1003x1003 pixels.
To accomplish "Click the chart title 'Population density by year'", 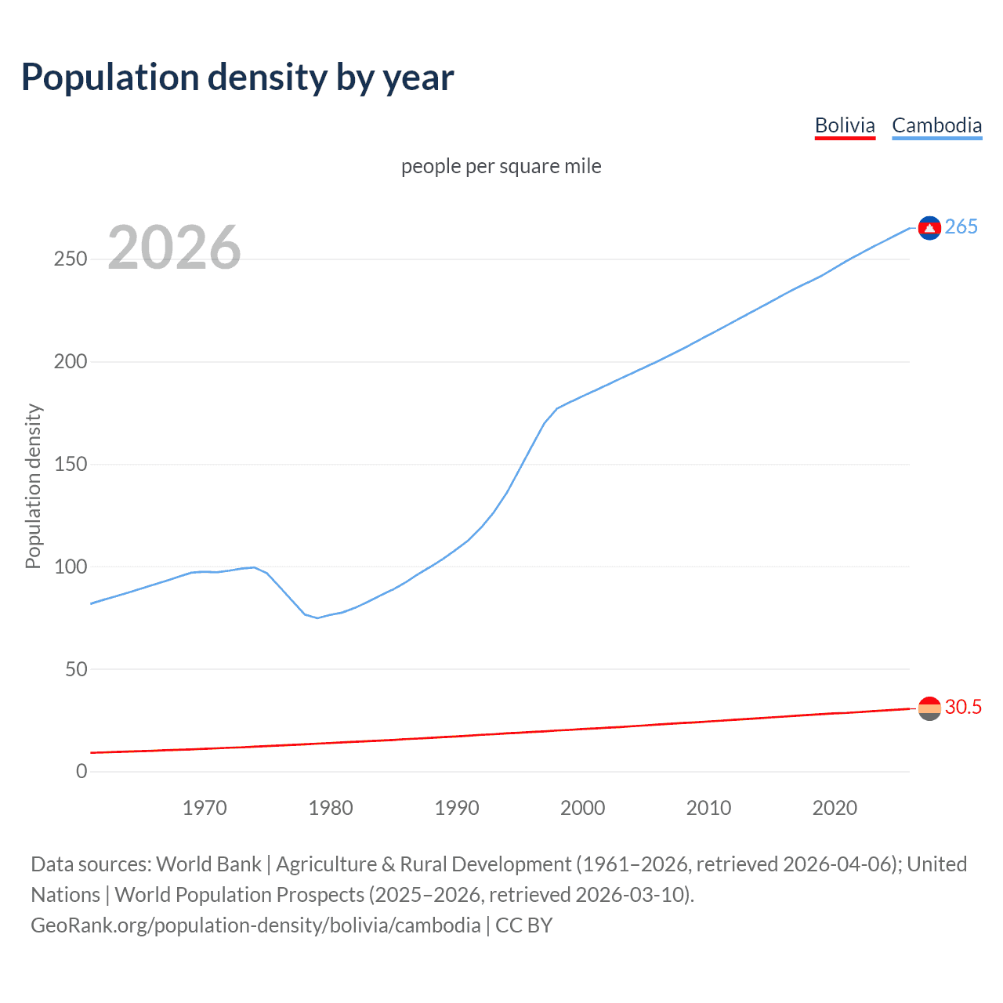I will (x=237, y=78).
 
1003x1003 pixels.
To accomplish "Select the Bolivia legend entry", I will (x=845, y=125).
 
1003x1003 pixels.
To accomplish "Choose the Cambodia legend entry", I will (x=936, y=125).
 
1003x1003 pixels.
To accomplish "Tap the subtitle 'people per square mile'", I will (x=501, y=166).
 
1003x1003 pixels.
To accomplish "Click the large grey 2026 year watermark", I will (x=174, y=248).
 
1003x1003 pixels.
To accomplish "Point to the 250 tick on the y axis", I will (x=71, y=259).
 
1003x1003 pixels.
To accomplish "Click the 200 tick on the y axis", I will (x=71, y=362).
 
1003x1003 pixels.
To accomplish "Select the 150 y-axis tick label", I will (x=71, y=465).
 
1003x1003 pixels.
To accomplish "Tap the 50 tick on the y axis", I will (x=76, y=669).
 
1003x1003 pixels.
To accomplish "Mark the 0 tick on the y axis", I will (x=81, y=772).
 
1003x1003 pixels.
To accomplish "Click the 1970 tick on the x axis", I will (x=205, y=808).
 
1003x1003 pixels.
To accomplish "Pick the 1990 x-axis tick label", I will (x=457, y=808).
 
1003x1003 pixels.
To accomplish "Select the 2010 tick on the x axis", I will (x=708, y=808).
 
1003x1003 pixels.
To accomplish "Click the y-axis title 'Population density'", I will (x=33, y=486).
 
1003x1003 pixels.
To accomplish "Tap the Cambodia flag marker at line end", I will (x=929, y=227).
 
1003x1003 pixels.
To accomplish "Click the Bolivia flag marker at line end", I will (x=929, y=708).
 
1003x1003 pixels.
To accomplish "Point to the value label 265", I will (x=961, y=227).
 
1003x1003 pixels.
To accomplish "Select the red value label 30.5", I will (x=963, y=707).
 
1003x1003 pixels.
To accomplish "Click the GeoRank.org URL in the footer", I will (x=255, y=925).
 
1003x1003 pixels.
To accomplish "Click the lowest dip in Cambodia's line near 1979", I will (x=317, y=618).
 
